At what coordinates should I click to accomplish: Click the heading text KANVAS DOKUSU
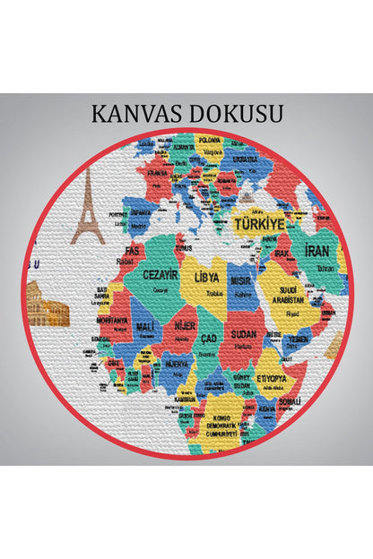pos(186,114)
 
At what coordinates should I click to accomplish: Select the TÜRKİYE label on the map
pos(259,223)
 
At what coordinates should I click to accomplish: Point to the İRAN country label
pos(317,252)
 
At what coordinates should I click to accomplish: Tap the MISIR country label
pos(240,280)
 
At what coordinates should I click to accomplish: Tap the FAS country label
pos(133,250)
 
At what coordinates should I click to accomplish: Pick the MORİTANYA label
pos(113,320)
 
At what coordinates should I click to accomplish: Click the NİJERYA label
pos(176,365)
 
